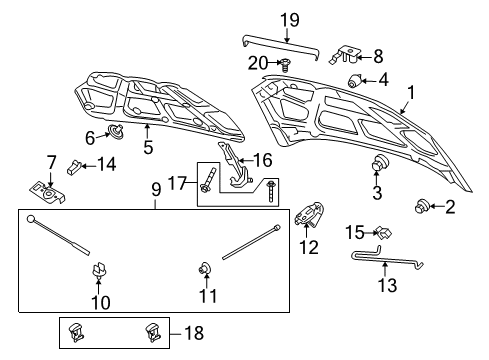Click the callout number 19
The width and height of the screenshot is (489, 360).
point(289,18)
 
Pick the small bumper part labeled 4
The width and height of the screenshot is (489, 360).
point(355,80)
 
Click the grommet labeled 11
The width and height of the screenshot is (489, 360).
point(200,267)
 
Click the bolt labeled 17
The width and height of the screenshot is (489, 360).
point(206,184)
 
